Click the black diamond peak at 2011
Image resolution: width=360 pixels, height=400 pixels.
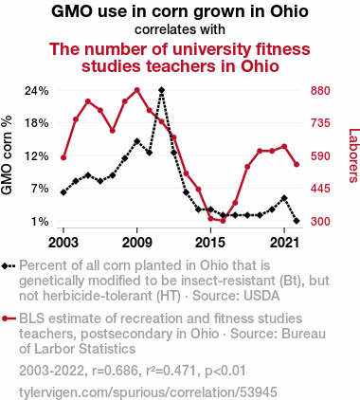pyautogui.click(x=162, y=90)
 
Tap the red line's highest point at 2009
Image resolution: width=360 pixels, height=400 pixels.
pyautogui.click(x=137, y=90)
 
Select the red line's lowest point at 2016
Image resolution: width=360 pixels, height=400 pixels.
pyautogui.click(x=223, y=221)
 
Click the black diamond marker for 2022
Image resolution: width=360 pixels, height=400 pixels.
pyautogui.click(x=297, y=221)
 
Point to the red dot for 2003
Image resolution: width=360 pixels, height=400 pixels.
pyautogui.click(x=63, y=157)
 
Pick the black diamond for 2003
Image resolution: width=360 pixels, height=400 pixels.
pyautogui.click(x=63, y=192)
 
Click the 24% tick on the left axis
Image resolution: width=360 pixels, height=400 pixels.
pyautogui.click(x=37, y=91)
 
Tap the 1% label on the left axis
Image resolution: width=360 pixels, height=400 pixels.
pyautogui.click(x=40, y=222)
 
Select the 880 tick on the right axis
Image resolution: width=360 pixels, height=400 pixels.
pyautogui.click(x=320, y=91)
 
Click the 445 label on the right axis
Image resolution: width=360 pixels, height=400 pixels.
pyautogui.click(x=320, y=189)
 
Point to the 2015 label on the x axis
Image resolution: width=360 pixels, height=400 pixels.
pyautogui.click(x=210, y=243)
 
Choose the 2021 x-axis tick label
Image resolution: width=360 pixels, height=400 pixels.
pyautogui.click(x=284, y=243)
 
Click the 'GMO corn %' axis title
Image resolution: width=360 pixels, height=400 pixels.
pyautogui.click(x=7, y=155)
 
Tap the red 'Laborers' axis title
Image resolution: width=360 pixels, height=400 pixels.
pyautogui.click(x=354, y=155)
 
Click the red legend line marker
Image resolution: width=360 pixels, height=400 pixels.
pyautogui.click(x=9, y=318)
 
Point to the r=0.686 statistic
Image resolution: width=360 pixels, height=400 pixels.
pyautogui.click(x=115, y=371)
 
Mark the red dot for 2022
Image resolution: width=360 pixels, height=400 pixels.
pyautogui.click(x=297, y=165)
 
